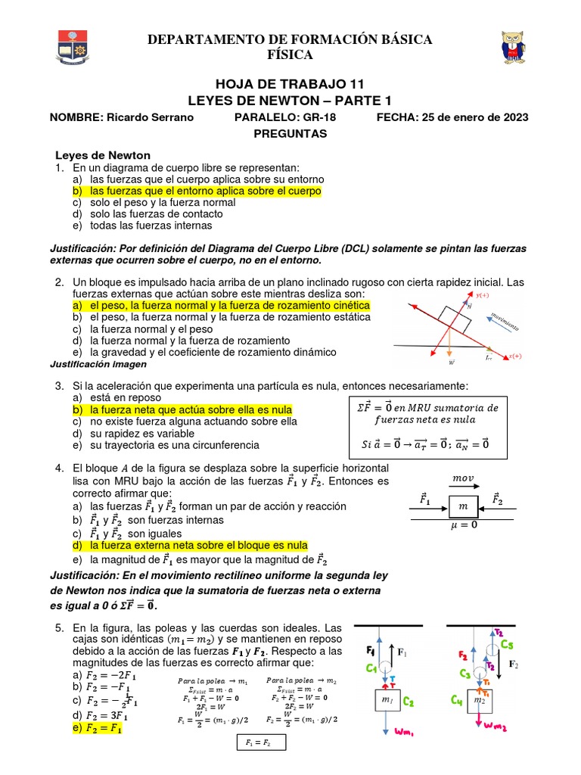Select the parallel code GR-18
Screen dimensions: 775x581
319,117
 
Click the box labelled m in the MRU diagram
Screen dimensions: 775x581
464,505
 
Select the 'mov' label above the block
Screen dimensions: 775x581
462,478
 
